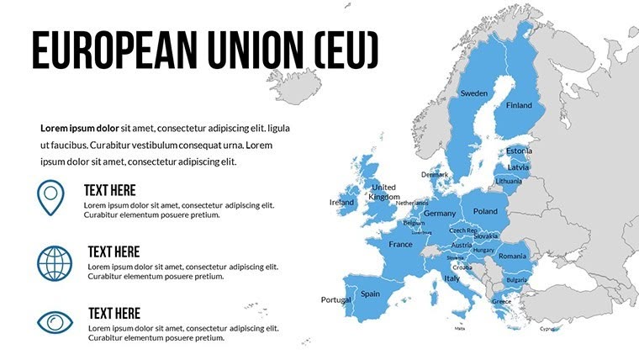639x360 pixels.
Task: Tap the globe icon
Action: pyautogui.click(x=55, y=262)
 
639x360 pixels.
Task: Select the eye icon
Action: pyautogui.click(x=55, y=322)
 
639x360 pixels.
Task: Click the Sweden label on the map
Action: pyautogui.click(x=473, y=93)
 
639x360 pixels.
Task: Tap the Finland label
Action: pyautogui.click(x=519, y=106)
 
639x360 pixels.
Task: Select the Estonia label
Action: pyautogui.click(x=519, y=151)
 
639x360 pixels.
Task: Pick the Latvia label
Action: pyautogui.click(x=518, y=167)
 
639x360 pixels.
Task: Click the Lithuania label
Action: pyautogui.click(x=509, y=181)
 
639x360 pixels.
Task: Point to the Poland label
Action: pyautogui.click(x=485, y=212)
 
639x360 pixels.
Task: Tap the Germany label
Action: pyautogui.click(x=439, y=214)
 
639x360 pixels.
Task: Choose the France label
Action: pyautogui.click(x=400, y=245)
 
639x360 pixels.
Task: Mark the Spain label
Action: pyautogui.click(x=370, y=294)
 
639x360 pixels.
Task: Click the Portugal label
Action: pyautogui.click(x=335, y=300)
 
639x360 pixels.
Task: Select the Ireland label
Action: pyautogui.click(x=341, y=203)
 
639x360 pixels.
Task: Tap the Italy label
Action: pyautogui.click(x=452, y=278)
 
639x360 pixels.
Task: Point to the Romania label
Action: pyautogui.click(x=511, y=256)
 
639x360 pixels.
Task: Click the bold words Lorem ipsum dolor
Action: pyautogui.click(x=79, y=129)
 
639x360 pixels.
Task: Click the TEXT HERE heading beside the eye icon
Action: pyautogui.click(x=114, y=313)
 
